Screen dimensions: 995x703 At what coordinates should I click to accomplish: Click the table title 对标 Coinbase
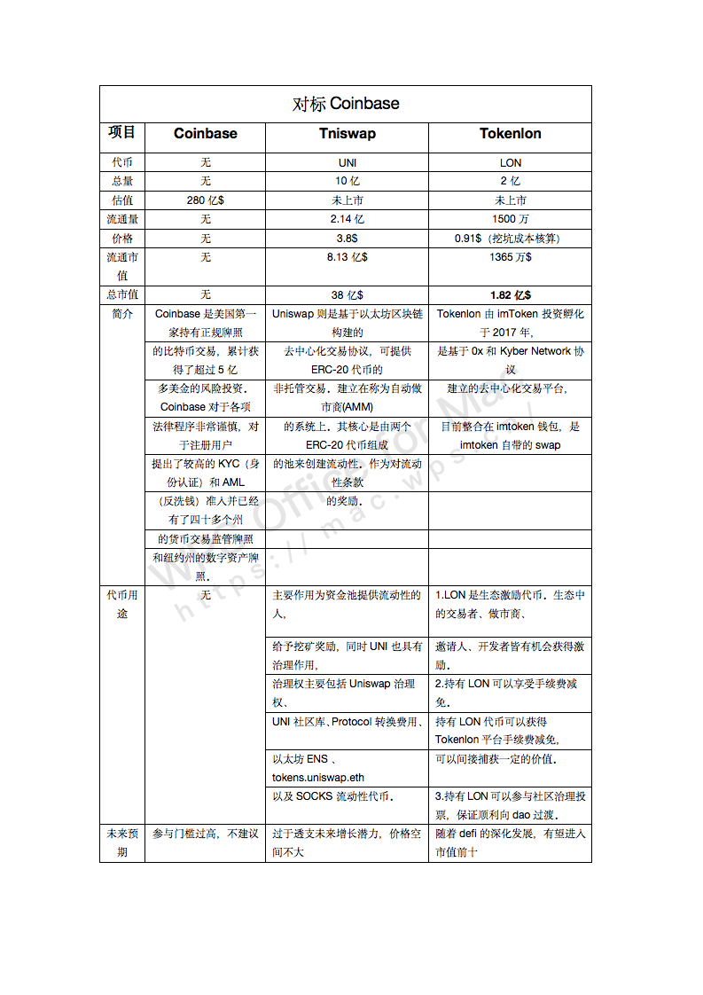pos(346,104)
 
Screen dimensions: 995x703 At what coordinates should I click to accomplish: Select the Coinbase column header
pos(205,134)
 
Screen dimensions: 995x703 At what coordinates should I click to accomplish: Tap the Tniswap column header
pos(347,134)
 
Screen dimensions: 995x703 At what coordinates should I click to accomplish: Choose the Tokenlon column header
pos(510,134)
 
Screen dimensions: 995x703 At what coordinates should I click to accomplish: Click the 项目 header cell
pos(122,133)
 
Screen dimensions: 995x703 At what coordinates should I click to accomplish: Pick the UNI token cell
pos(347,163)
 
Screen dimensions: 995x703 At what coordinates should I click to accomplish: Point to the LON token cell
pos(510,163)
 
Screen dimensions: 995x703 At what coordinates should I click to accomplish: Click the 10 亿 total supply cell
pos(347,182)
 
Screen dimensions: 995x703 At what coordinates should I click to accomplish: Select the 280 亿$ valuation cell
pos(205,200)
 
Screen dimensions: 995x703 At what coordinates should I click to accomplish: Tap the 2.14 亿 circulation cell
pos(347,219)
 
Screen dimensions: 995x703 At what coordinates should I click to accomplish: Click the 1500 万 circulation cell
pos(510,219)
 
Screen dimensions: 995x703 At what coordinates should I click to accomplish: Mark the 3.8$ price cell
pos(347,239)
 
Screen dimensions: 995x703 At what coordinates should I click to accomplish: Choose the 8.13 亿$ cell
pos(347,257)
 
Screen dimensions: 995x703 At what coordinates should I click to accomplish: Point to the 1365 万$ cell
pos(510,257)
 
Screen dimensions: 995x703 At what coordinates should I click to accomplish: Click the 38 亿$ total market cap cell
pos(347,295)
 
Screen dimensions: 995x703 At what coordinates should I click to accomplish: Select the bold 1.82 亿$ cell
pos(510,295)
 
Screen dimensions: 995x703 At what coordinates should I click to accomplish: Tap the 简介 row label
pos(122,314)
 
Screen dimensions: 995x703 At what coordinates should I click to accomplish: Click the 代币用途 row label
pos(122,604)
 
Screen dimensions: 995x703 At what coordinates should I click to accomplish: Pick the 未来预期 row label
pos(122,842)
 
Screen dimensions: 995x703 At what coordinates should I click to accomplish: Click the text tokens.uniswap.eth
pos(317,778)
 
